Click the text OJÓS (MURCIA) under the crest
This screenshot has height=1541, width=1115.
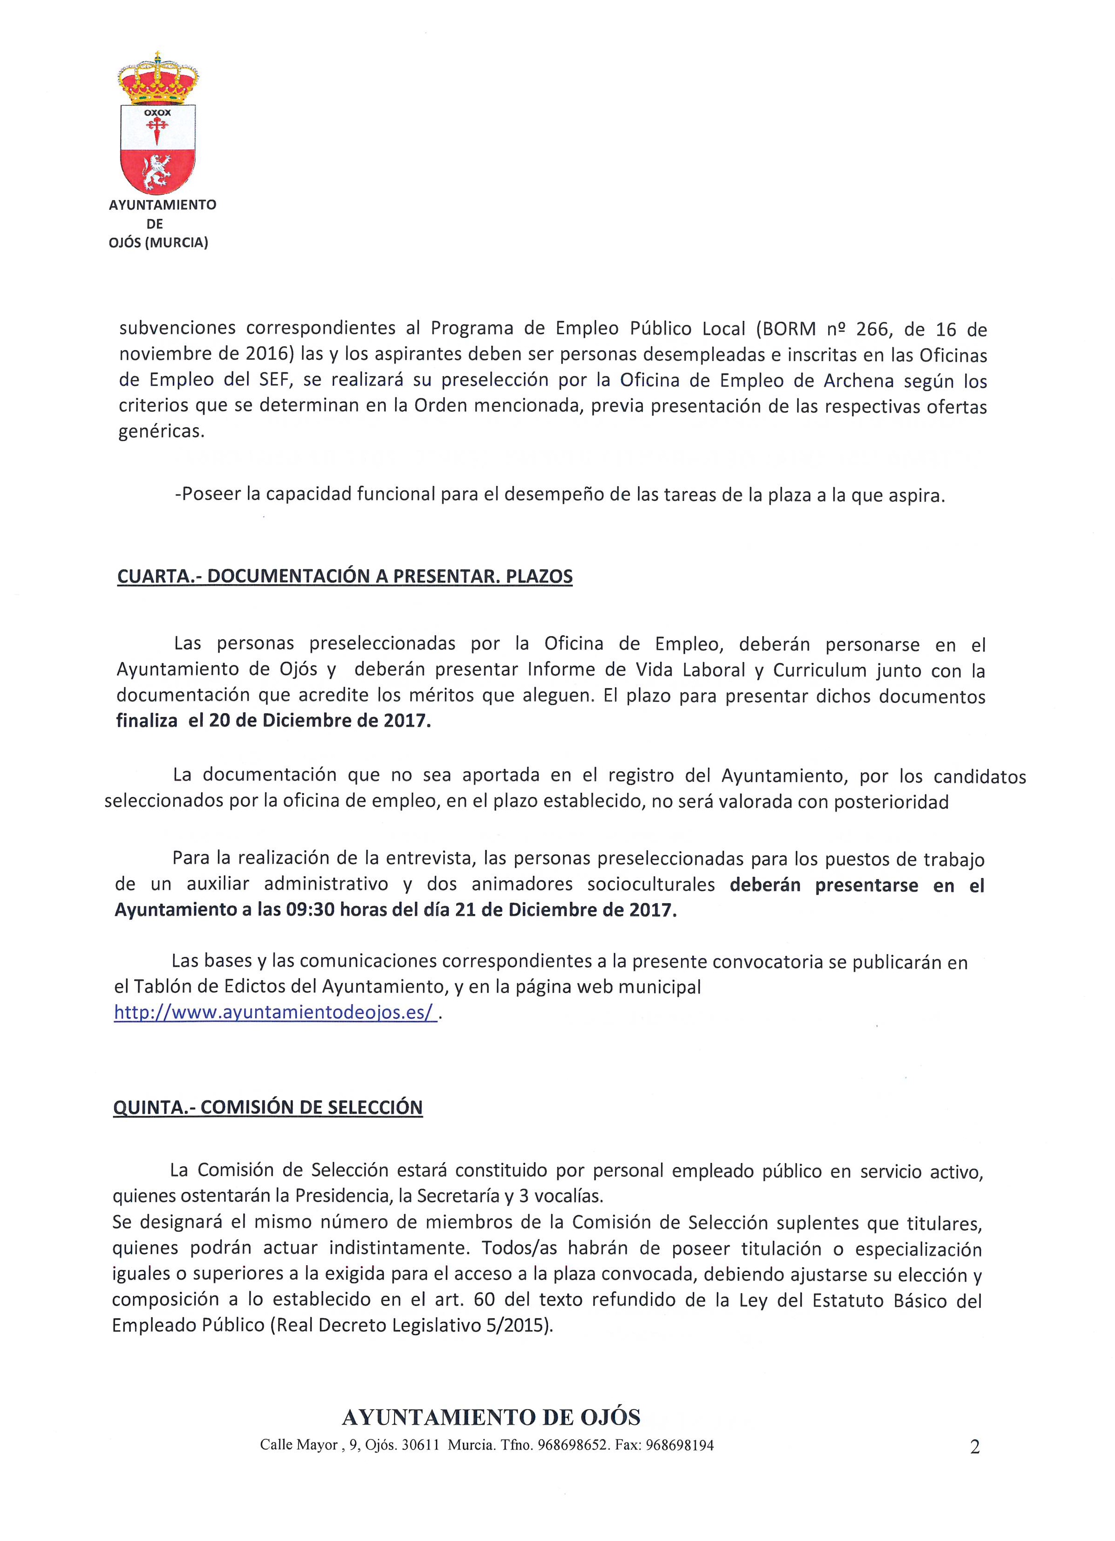158,242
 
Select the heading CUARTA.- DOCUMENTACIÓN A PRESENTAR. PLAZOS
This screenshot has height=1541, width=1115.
344,576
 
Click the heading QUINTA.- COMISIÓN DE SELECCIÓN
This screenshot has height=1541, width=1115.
268,1107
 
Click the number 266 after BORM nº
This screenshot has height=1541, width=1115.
872,330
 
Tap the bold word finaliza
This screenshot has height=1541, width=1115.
147,721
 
